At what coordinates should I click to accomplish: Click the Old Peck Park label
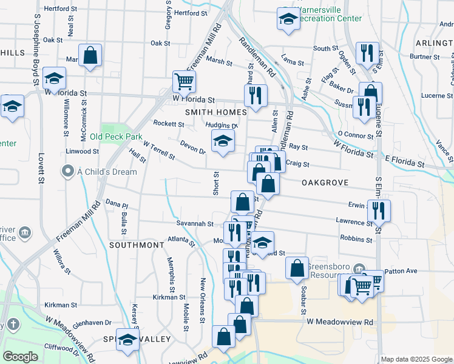pyautogui.click(x=116, y=136)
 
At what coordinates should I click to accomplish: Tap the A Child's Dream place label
pyautogui.click(x=107, y=172)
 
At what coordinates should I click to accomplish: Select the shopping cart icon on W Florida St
pyautogui.click(x=184, y=81)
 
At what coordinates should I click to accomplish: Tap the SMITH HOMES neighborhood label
pyautogui.click(x=217, y=112)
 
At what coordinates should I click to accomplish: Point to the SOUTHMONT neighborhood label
pyautogui.click(x=137, y=245)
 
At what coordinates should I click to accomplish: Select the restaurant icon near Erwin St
pyautogui.click(x=379, y=210)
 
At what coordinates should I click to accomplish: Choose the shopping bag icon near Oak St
pyautogui.click(x=90, y=56)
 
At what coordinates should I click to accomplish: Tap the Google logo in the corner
pyautogui.click(x=21, y=357)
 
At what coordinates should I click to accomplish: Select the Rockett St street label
pyautogui.click(x=168, y=124)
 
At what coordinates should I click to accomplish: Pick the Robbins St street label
pyautogui.click(x=356, y=239)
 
